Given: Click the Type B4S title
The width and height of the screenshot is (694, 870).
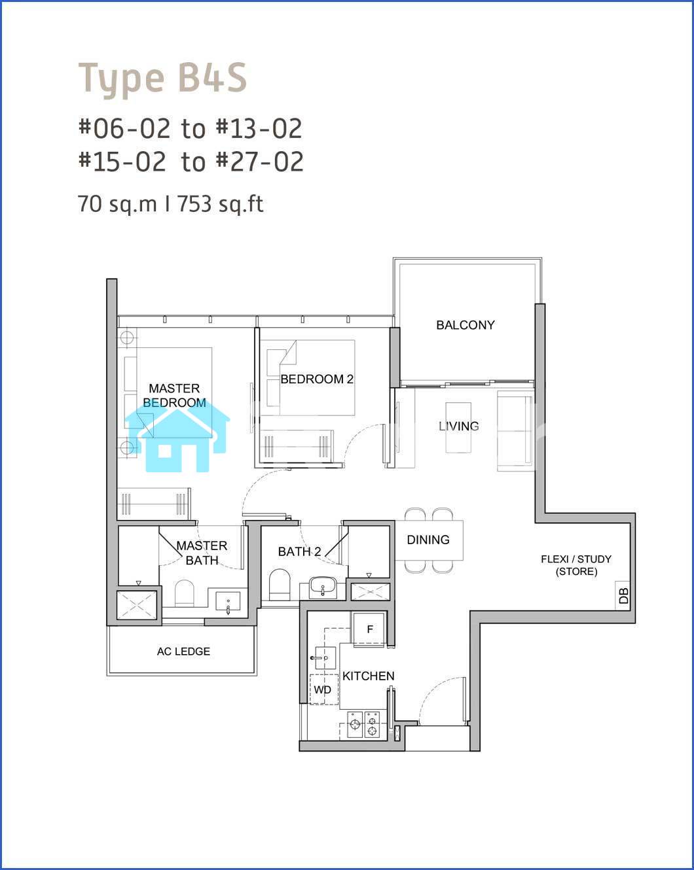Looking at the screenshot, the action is point(162,78).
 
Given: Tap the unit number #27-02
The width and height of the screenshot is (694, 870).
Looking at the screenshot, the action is point(260,162).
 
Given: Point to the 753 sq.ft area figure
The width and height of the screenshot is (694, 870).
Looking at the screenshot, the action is point(221,203).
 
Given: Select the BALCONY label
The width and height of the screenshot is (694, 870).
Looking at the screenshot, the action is point(466,325).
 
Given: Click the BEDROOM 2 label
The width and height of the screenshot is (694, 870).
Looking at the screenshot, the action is point(317,379).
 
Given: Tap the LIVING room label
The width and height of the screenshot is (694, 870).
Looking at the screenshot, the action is point(459,426).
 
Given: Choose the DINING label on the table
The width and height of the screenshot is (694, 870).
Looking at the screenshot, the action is point(428,540).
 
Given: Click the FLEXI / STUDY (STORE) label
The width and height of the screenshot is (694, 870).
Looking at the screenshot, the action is point(576,565).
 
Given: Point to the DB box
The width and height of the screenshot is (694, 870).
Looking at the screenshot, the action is point(623,595).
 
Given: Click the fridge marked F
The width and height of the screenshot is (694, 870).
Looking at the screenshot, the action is point(369,629).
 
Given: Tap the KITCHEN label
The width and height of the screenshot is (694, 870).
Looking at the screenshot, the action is point(368,676).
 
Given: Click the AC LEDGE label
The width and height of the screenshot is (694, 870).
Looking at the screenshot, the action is point(183,652).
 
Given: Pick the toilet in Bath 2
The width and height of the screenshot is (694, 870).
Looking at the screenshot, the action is point(279,585).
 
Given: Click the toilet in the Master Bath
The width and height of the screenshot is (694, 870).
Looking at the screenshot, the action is point(185,593).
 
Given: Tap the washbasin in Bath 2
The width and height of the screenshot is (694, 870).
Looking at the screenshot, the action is point(323,587).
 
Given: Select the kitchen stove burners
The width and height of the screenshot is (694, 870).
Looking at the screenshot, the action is point(363,725).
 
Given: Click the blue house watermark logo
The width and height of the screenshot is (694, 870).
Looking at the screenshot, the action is point(177,440).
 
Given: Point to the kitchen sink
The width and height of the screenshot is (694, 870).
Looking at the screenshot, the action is point(325,658).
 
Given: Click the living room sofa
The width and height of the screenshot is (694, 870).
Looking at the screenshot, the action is point(515,431).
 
